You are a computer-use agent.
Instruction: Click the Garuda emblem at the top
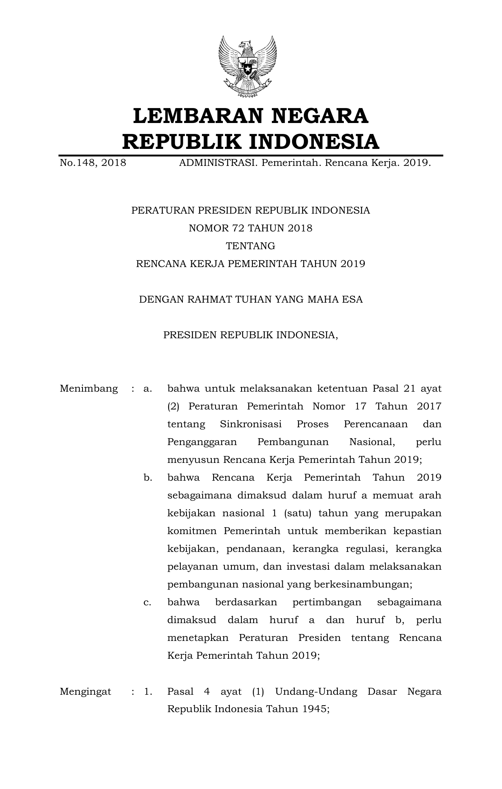247,66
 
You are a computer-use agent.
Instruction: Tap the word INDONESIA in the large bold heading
313,142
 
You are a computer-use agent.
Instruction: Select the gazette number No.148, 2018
93,163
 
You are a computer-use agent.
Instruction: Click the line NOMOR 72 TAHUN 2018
250,228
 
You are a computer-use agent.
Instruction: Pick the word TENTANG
250,246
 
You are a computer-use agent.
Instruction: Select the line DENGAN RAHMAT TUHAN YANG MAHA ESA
250,299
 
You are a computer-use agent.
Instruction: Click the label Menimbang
89,389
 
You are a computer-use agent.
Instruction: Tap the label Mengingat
85,691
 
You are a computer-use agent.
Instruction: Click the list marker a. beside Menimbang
148,389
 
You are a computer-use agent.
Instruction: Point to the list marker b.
148,478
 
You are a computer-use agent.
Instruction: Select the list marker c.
147,602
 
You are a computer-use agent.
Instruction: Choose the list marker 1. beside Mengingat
148,691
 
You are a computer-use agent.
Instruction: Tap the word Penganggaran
202,442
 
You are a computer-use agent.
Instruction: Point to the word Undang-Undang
316,691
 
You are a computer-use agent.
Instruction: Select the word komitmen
192,531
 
